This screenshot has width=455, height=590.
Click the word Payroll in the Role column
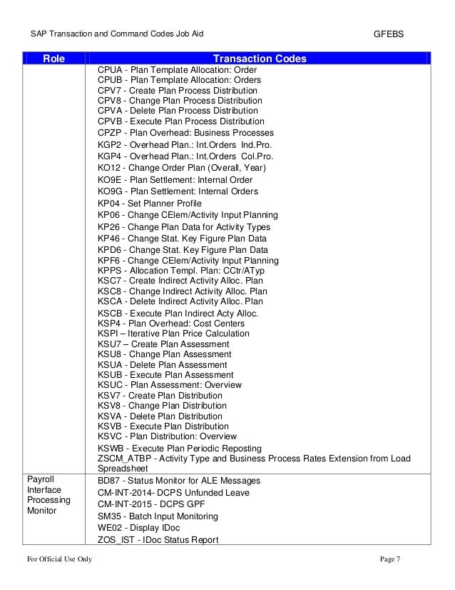[x=41, y=479]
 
